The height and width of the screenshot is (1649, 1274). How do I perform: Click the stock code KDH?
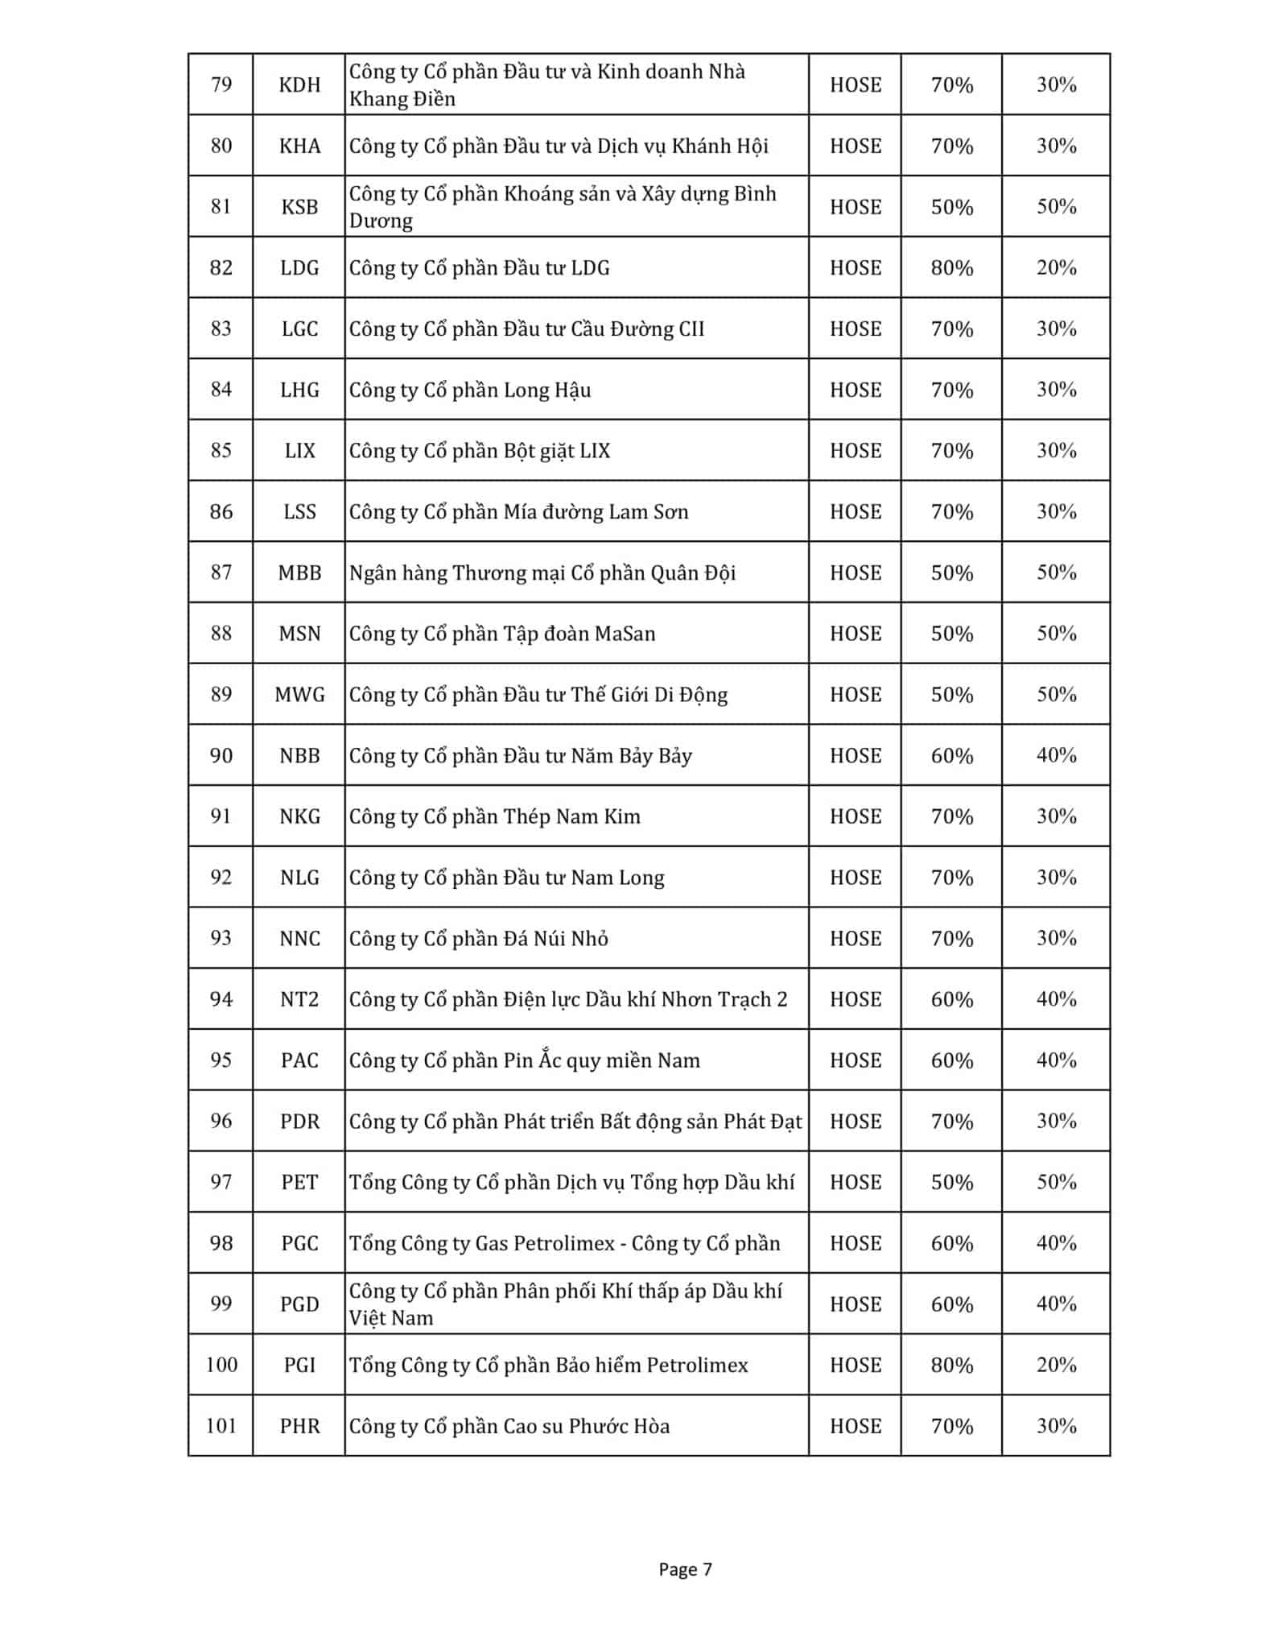[x=299, y=85]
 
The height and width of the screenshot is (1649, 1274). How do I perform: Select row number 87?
[x=221, y=572]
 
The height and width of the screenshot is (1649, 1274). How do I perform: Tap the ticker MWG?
[x=299, y=695]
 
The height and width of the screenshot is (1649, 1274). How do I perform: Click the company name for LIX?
[x=480, y=451]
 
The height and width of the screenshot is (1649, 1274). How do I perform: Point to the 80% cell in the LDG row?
[x=951, y=268]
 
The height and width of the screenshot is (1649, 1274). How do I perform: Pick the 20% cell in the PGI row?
[x=1056, y=1365]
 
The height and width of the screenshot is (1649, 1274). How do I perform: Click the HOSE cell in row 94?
[x=855, y=999]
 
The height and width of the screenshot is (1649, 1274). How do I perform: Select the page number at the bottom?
[x=685, y=1569]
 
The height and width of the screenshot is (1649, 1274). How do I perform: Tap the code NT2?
[x=299, y=999]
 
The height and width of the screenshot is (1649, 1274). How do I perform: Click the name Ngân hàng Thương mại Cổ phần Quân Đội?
[x=542, y=573]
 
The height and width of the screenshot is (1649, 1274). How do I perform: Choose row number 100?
[x=221, y=1365]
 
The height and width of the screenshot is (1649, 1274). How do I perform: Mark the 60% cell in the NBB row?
[x=951, y=756]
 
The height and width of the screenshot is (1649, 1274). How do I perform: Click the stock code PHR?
[x=299, y=1426]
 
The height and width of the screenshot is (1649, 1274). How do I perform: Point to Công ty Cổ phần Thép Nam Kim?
[x=495, y=817]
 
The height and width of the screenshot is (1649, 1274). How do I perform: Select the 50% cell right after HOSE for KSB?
[x=951, y=207]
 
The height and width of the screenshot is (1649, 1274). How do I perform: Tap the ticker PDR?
[x=299, y=1122]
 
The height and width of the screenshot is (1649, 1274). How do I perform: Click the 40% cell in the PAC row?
[x=1056, y=1060]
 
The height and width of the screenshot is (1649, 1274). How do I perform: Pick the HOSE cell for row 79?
[x=855, y=85]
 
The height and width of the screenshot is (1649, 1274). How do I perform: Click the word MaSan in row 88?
[x=625, y=634]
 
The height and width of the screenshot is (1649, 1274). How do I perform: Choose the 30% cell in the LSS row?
[x=1056, y=512]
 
